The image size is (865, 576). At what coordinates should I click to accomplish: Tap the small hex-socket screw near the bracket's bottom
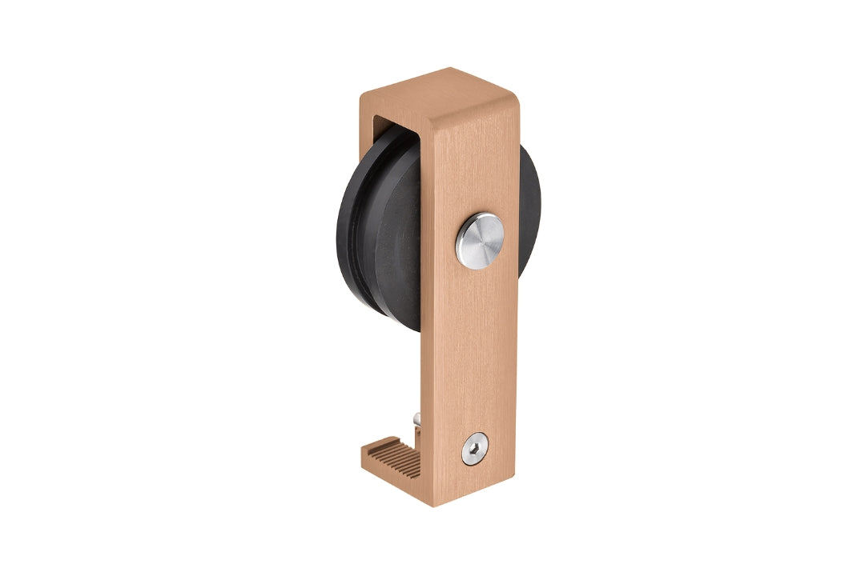click(475, 450)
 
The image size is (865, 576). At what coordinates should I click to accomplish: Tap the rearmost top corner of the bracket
click(450, 69)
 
